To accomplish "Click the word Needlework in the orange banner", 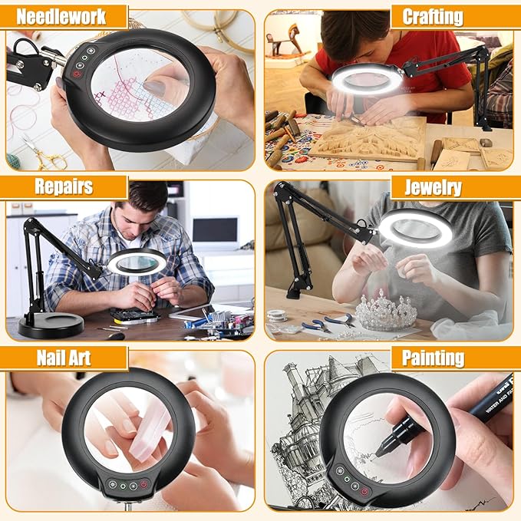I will coord(61,16).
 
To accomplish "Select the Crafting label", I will coord(432,16).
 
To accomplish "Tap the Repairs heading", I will coord(64,186).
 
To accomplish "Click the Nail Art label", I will coord(62,358).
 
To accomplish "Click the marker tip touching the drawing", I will coord(378,453).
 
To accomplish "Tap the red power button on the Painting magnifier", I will coord(364,491).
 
